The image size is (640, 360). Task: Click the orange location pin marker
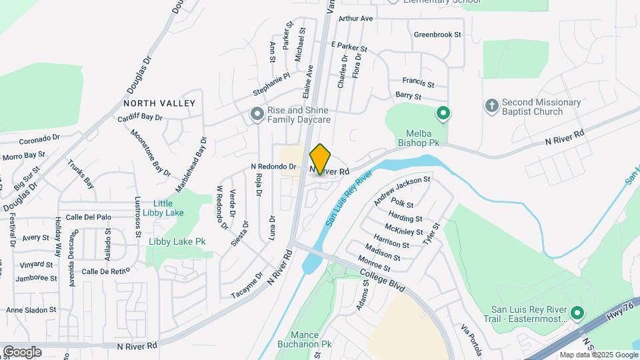(x=321, y=158)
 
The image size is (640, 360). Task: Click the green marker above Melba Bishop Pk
(x=442, y=113)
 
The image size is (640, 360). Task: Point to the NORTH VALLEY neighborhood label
(x=159, y=103)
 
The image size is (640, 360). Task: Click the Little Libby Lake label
(x=163, y=208)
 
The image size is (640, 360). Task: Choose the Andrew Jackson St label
(x=402, y=191)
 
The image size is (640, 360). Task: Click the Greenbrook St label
(x=437, y=34)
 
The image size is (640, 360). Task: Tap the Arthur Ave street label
(x=355, y=19)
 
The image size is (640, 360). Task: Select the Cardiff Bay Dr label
(x=140, y=117)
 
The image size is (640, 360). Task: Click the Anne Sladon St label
(x=31, y=310)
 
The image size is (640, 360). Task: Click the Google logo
(x=22, y=351)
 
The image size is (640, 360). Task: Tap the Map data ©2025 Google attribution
(x=598, y=355)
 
